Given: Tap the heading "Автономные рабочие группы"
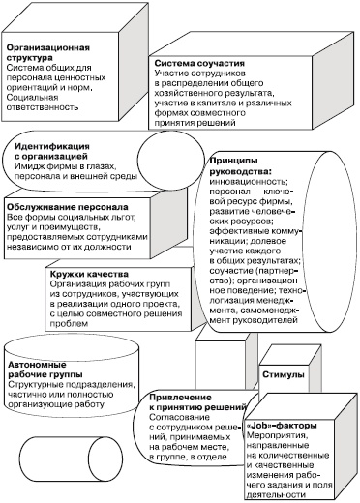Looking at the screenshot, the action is point(45,367).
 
